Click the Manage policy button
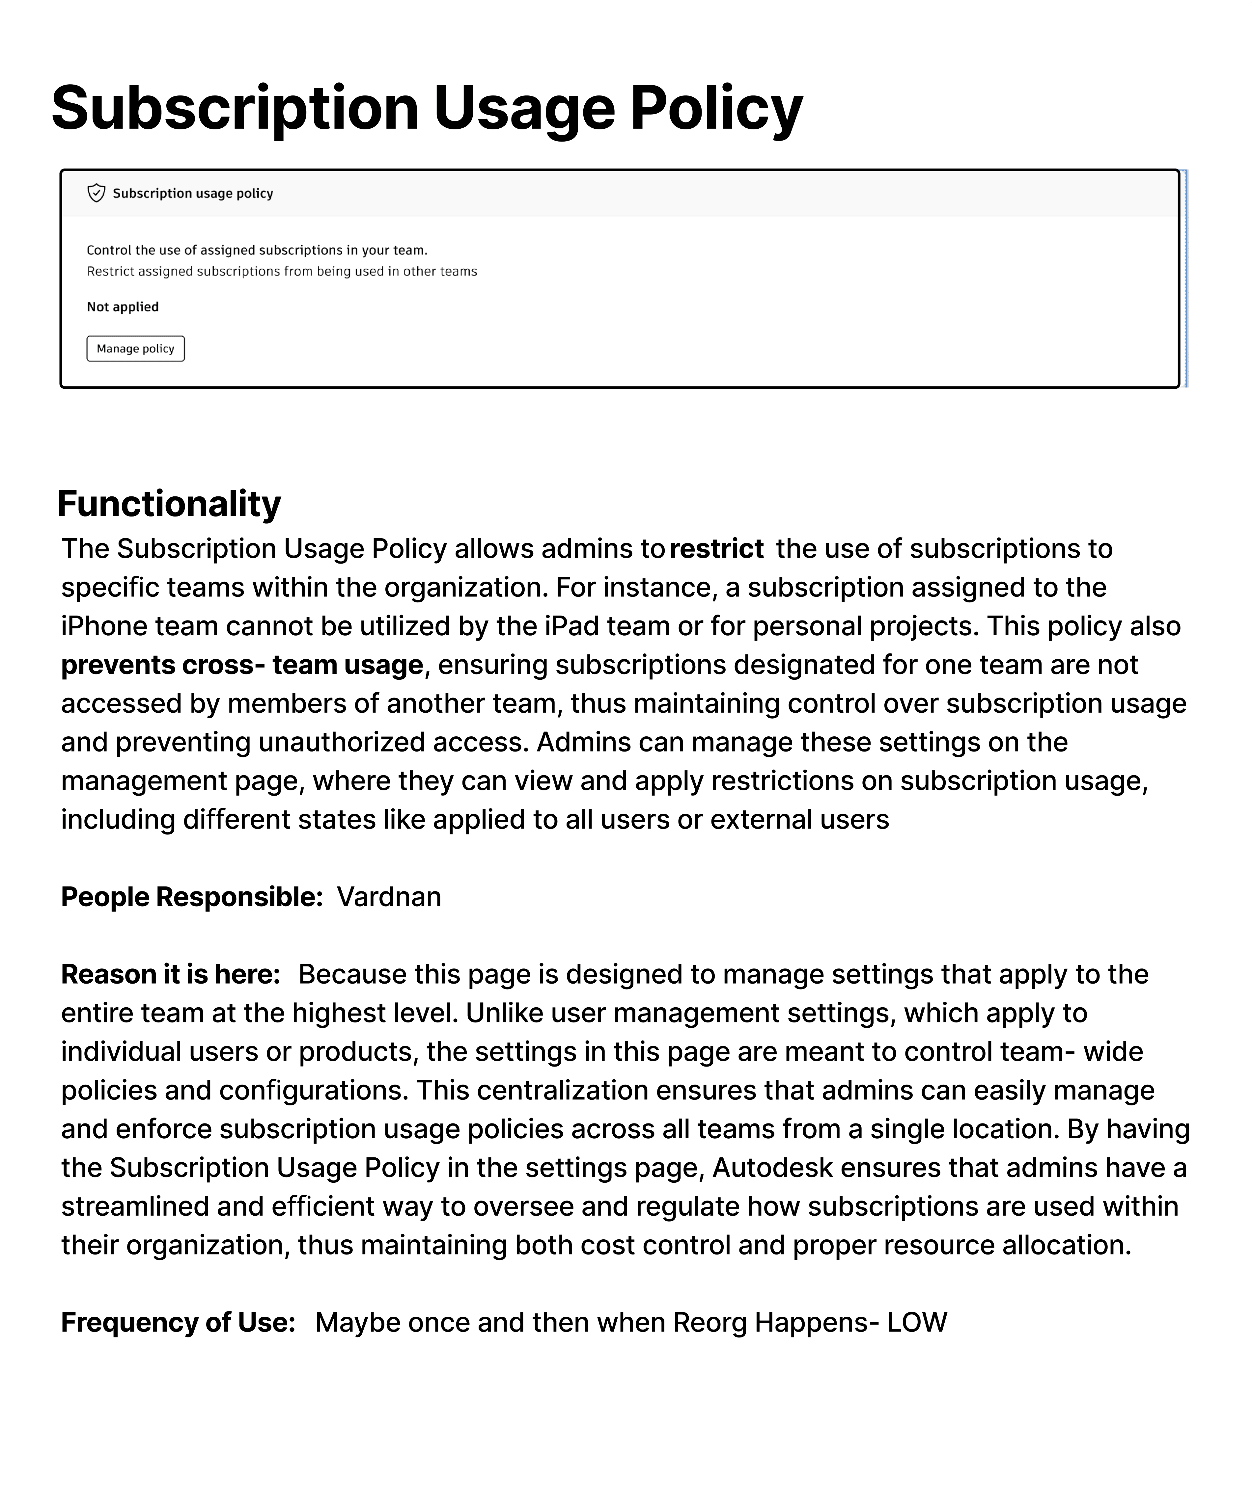135,348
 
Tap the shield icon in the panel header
96,193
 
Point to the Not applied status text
123,307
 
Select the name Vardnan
389,897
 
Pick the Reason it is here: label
171,974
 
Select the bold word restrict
716,548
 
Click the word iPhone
105,626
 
